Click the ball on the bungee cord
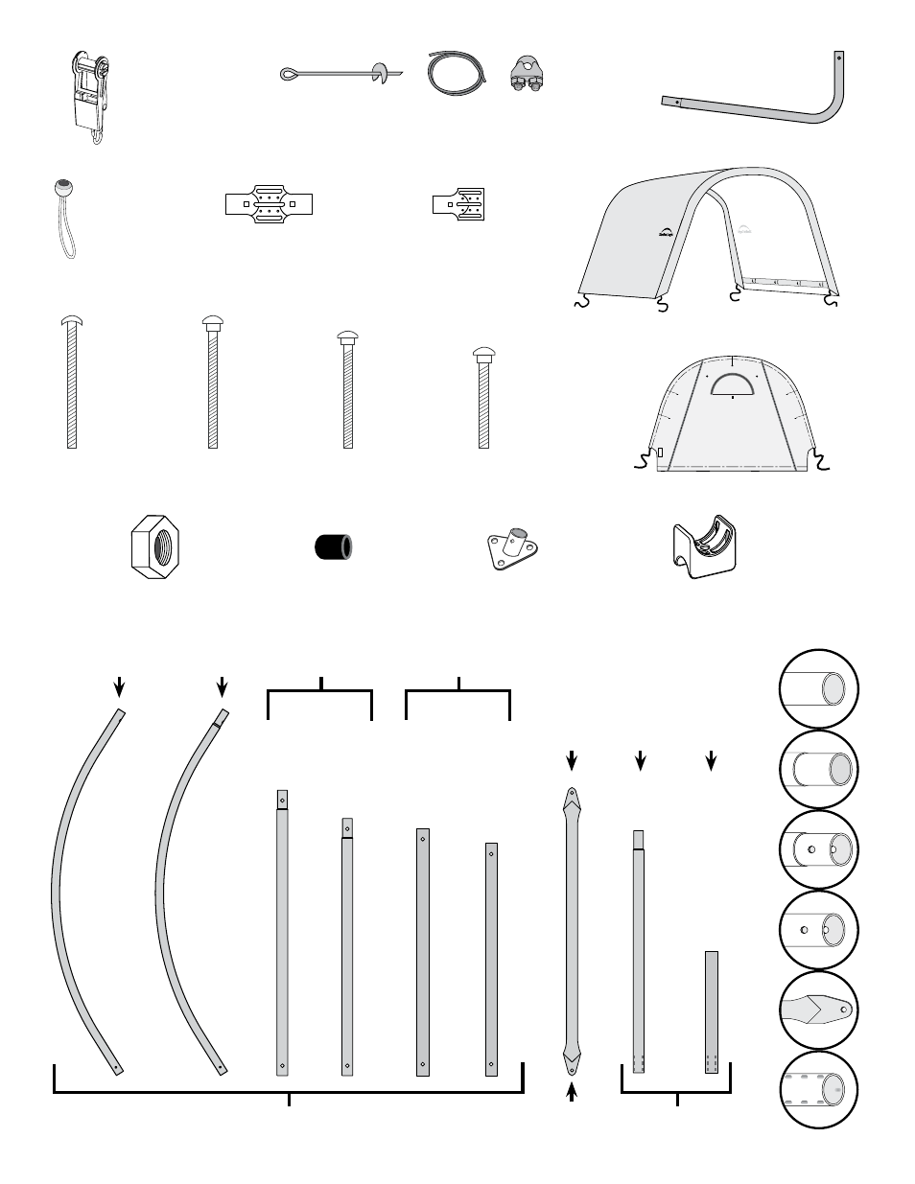pos(63,187)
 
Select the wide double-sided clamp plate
pos(270,204)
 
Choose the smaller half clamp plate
pos(461,204)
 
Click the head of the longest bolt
pos(71,320)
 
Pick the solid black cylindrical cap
pos(334,547)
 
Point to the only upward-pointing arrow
pos(572,1092)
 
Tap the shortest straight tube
pos(711,1011)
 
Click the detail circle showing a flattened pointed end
pos(818,1010)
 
